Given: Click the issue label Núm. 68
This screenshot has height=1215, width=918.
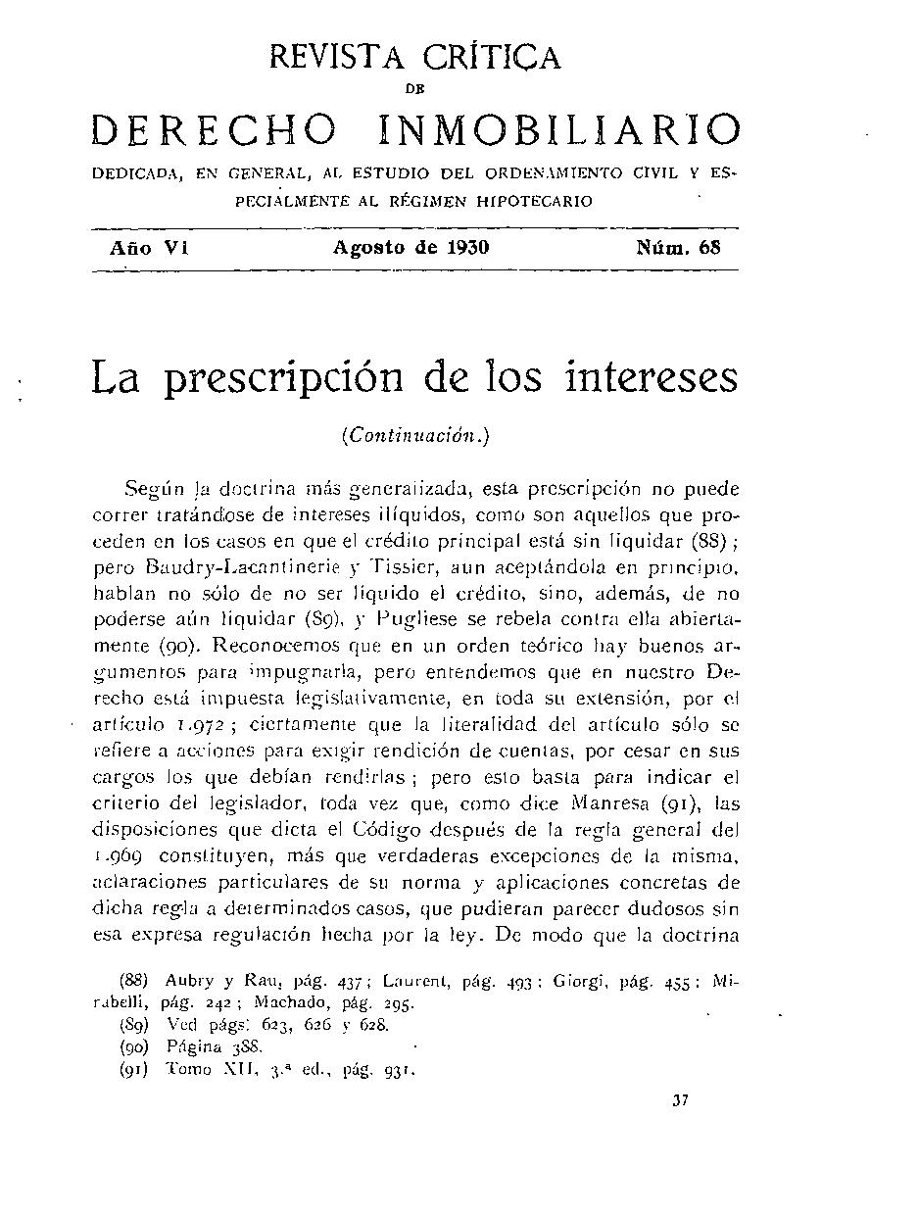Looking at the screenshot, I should pyautogui.click(x=679, y=248).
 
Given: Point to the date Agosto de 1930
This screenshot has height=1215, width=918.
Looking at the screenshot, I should pyautogui.click(x=411, y=248).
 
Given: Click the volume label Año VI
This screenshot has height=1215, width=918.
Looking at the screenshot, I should pyautogui.click(x=148, y=248).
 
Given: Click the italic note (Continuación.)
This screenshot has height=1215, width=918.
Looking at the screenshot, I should pyautogui.click(x=414, y=435).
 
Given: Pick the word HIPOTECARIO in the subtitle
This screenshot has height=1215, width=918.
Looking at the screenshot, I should pyautogui.click(x=536, y=202).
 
